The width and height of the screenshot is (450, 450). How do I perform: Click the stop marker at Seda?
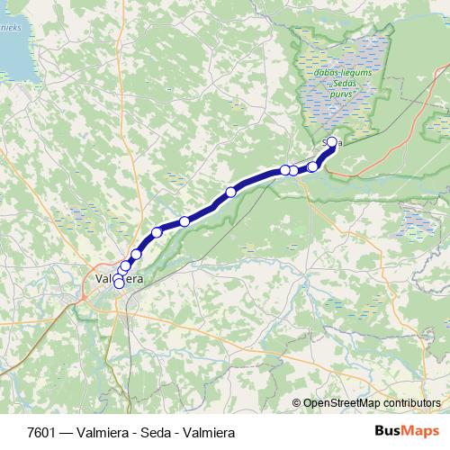point(331,141)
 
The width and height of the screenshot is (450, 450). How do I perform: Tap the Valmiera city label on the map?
point(118,279)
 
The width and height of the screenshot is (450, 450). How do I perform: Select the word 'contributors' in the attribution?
point(413,404)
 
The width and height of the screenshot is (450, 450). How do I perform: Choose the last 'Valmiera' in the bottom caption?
point(203,433)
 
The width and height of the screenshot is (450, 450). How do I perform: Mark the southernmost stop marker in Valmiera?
point(119,283)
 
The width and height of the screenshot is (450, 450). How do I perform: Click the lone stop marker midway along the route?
point(231,192)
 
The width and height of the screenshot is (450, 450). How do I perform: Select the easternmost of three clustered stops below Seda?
point(313,166)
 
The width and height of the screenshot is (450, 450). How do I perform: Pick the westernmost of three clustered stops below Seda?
point(284,170)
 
